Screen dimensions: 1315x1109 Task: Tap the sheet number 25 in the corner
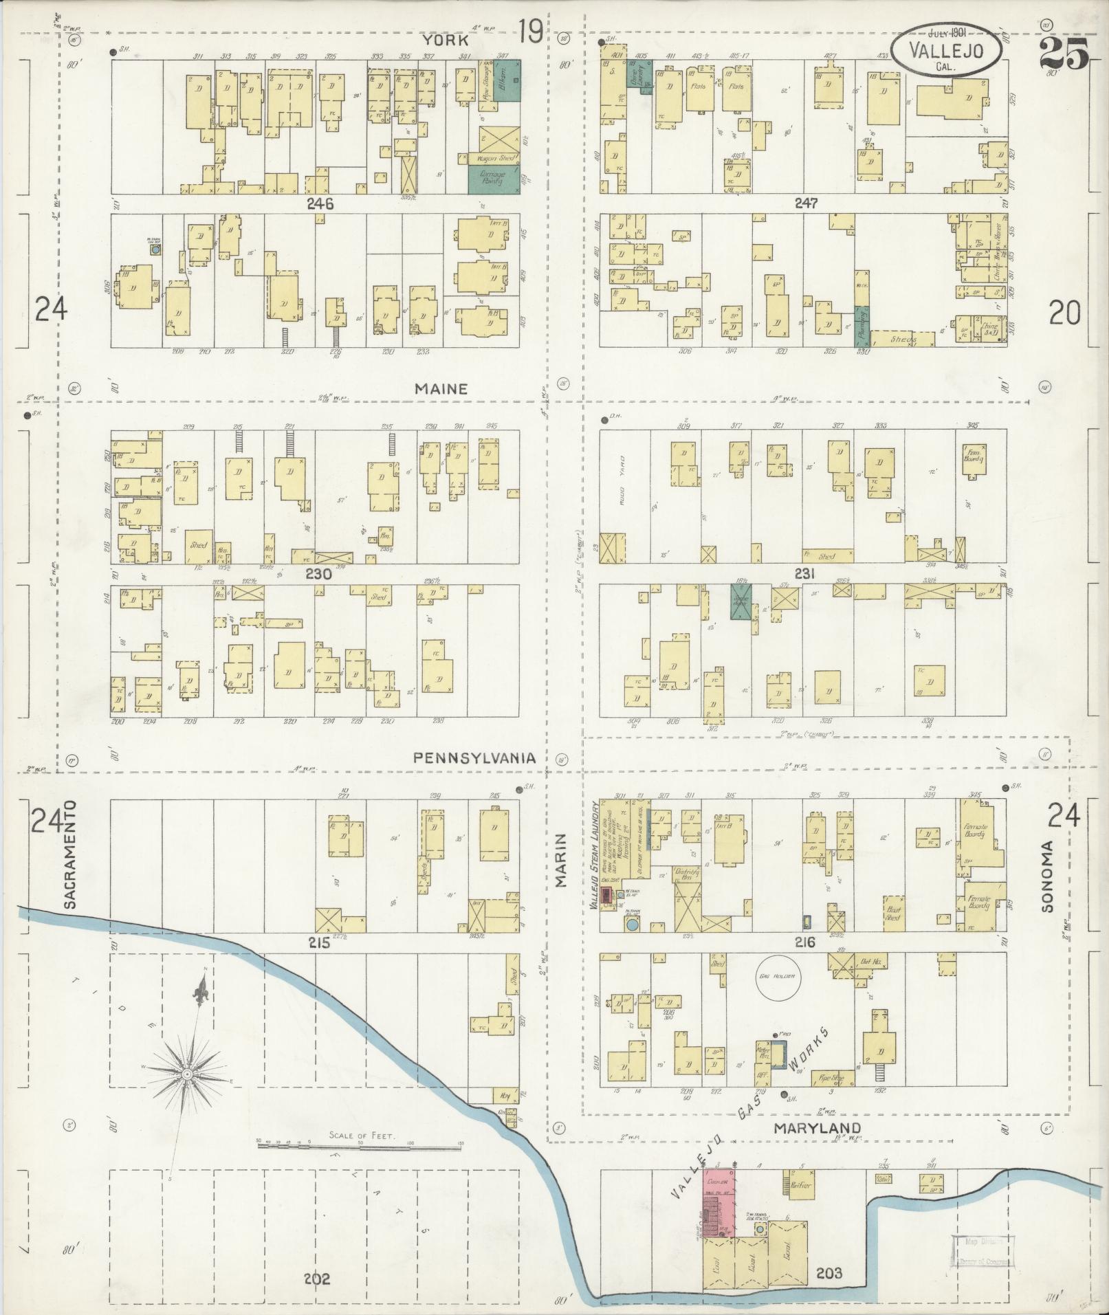point(1064,53)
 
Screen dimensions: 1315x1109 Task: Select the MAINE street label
point(441,389)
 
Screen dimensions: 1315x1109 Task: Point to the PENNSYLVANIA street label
point(474,758)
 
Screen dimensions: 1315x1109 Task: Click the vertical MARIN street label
point(561,860)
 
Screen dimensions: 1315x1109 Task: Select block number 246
point(320,203)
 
